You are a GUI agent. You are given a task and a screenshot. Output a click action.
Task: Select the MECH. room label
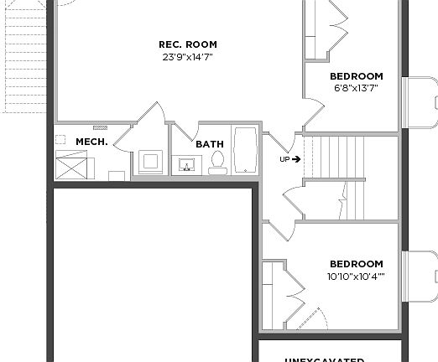91,142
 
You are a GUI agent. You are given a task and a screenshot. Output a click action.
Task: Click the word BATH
209,144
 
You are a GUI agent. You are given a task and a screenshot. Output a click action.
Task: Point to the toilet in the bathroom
217,162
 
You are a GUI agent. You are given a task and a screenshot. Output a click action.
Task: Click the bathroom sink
185,163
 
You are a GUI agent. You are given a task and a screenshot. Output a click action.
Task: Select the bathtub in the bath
246,151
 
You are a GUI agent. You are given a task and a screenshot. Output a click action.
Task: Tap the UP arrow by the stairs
296,158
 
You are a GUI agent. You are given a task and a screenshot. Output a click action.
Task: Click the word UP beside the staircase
284,158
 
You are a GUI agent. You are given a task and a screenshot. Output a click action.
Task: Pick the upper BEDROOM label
356,76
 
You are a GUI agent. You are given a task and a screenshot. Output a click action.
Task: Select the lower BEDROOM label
356,264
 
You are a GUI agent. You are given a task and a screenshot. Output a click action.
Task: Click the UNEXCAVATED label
324,359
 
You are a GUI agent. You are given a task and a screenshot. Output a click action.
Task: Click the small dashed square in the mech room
60,140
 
